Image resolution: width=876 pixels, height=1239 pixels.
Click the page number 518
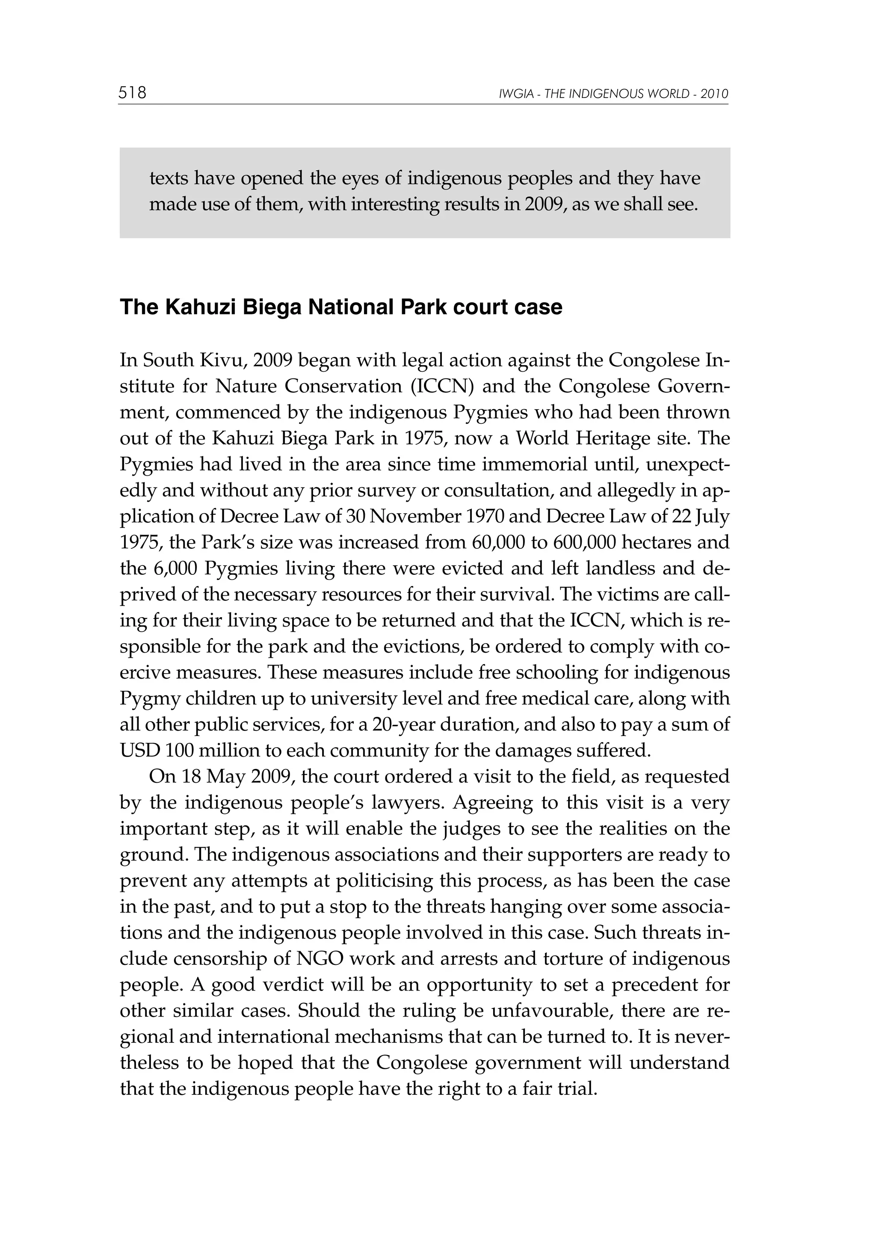point(132,93)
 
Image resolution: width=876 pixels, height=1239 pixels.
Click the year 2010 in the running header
point(715,95)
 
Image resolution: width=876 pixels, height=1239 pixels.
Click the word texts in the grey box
point(169,178)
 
